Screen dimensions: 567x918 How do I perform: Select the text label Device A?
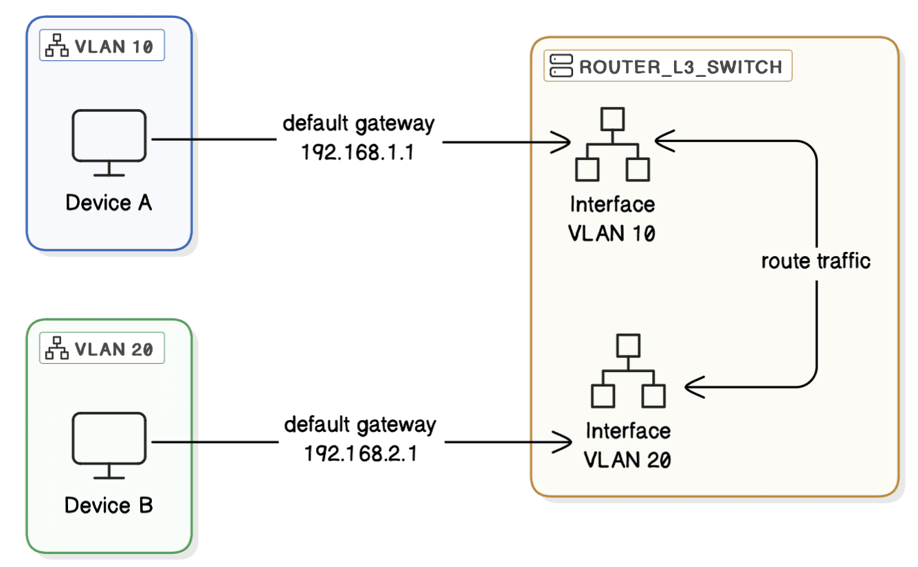(109, 203)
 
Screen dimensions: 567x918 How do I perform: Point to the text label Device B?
(109, 506)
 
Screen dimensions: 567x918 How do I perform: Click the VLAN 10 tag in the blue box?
(102, 47)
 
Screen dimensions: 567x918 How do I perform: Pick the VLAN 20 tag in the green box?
(102, 349)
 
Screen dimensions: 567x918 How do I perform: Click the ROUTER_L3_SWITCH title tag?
(668, 67)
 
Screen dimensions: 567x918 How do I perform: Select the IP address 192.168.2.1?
(360, 454)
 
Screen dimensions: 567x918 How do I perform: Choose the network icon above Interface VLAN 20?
(627, 371)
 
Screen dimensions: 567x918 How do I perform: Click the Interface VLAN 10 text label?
(612, 218)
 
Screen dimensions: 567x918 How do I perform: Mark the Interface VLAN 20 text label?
(627, 445)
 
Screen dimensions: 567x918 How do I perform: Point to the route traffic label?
(816, 261)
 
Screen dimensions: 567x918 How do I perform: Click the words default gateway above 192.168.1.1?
(359, 124)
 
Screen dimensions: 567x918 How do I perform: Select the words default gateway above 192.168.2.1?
(360, 424)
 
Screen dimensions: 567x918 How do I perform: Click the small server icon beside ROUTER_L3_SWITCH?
(561, 67)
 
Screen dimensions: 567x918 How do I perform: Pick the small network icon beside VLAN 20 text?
(57, 349)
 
